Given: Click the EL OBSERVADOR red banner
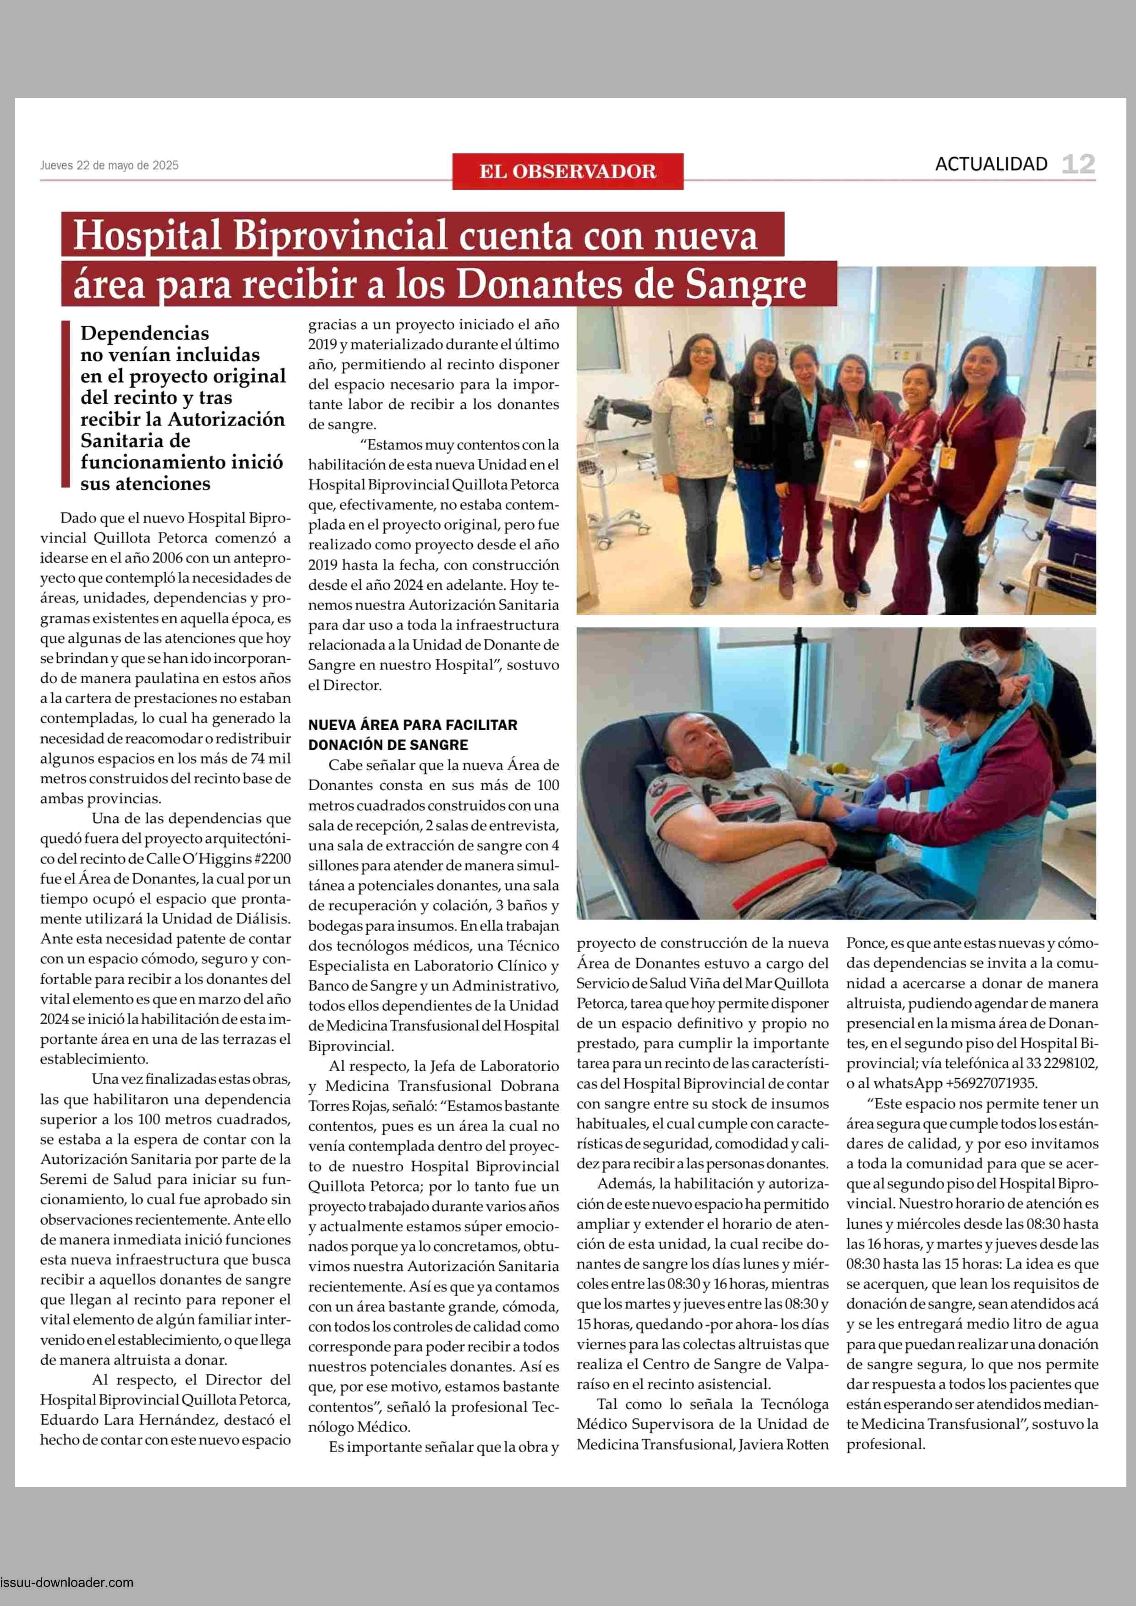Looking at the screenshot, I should (567, 171).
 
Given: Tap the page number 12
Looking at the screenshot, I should (1078, 164).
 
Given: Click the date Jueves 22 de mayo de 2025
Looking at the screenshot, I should (109, 166).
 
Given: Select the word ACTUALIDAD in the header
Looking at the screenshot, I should (991, 164).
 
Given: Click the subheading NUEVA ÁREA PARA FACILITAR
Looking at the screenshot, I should (412, 725).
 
